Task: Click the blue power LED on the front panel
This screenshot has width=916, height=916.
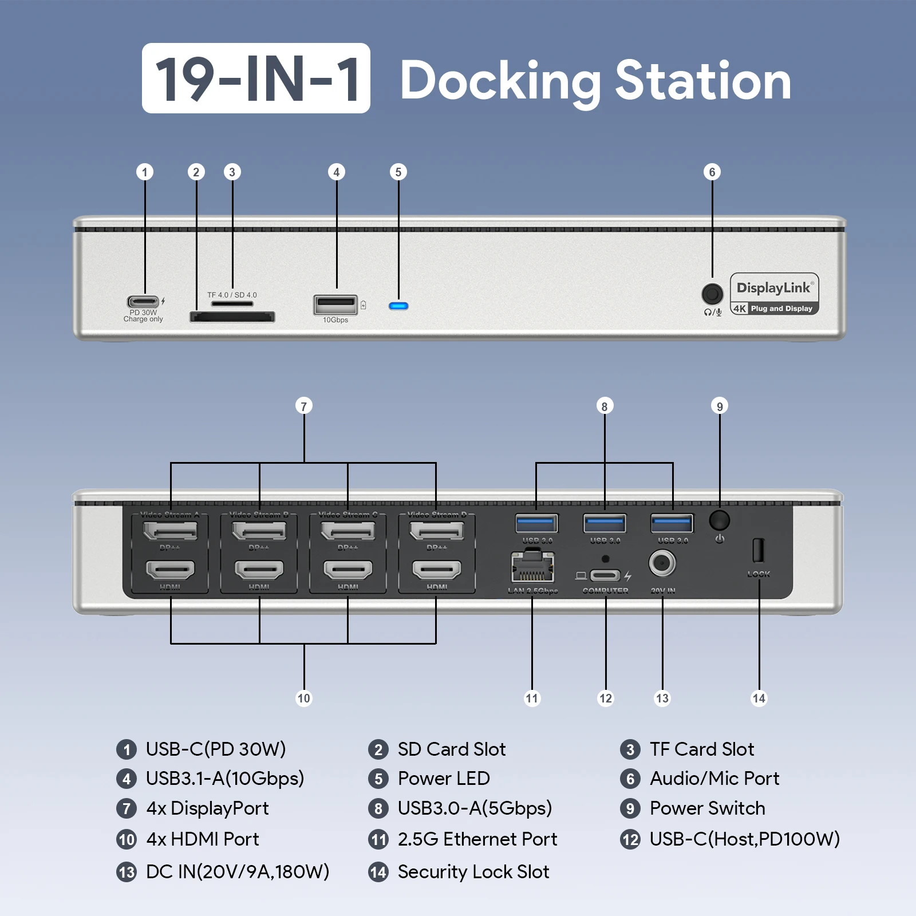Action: pyautogui.click(x=398, y=306)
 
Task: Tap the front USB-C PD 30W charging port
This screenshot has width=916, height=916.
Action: pyautogui.click(x=143, y=301)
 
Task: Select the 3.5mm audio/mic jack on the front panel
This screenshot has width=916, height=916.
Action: pyautogui.click(x=712, y=294)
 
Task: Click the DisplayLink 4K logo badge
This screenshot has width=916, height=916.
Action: pyautogui.click(x=774, y=294)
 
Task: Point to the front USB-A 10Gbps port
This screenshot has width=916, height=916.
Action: pyautogui.click(x=335, y=304)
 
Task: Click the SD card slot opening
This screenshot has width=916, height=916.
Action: pyautogui.click(x=232, y=317)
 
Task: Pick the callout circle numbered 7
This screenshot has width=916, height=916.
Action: pyautogui.click(x=304, y=406)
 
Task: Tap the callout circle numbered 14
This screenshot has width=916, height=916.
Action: pyautogui.click(x=759, y=698)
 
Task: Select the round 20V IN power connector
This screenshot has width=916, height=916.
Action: pyautogui.click(x=662, y=564)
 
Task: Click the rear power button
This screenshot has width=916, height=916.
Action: pyautogui.click(x=719, y=520)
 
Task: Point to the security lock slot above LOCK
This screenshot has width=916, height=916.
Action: pyautogui.click(x=758, y=550)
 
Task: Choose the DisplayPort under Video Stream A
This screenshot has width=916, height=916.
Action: pyautogui.click(x=170, y=531)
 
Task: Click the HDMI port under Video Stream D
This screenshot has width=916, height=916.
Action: pyautogui.click(x=437, y=570)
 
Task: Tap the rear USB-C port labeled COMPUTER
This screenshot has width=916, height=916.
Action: pyautogui.click(x=605, y=575)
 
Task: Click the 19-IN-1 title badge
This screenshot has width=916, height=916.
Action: pyautogui.click(x=256, y=78)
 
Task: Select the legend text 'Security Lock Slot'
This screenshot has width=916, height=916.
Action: pyautogui.click(x=473, y=872)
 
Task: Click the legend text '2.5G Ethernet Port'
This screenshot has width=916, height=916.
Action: pyautogui.click(x=477, y=839)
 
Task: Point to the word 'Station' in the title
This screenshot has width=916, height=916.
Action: pyautogui.click(x=703, y=81)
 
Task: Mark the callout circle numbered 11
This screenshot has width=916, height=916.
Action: pyautogui.click(x=532, y=698)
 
